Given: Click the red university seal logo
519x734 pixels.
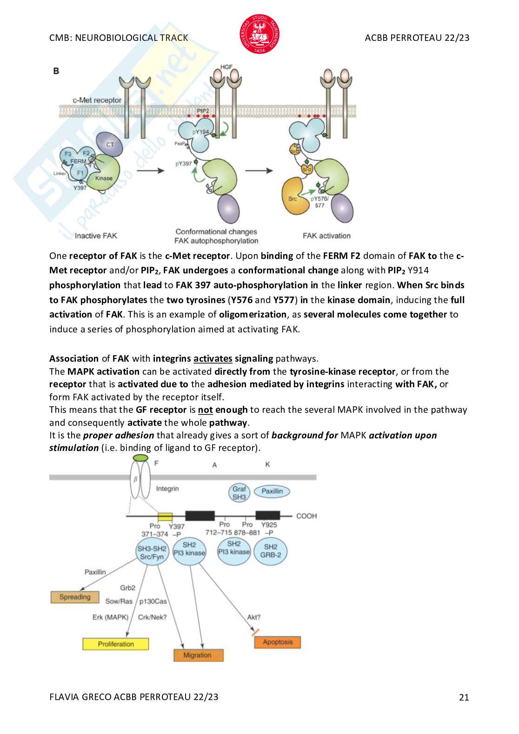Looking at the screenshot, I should [x=259, y=33].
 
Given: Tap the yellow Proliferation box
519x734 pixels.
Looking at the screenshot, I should [x=115, y=644].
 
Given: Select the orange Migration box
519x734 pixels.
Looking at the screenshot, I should [x=198, y=655].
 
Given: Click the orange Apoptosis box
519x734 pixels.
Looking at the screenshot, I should [x=278, y=642].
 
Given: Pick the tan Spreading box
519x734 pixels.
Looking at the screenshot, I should [x=75, y=597].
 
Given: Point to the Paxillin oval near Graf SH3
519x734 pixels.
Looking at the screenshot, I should [x=272, y=491].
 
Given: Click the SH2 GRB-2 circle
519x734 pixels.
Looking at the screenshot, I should [x=270, y=551].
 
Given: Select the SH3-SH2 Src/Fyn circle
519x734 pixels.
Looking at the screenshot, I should [x=152, y=552].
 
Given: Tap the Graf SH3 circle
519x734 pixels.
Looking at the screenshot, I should [x=239, y=493].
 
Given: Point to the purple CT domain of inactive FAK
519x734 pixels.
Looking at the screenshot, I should [x=110, y=145].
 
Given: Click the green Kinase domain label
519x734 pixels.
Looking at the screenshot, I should [x=104, y=178].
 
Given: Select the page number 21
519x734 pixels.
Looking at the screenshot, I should [x=464, y=697].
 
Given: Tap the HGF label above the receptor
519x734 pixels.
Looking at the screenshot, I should [x=226, y=67].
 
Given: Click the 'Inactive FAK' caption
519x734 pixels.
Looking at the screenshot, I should [x=96, y=236].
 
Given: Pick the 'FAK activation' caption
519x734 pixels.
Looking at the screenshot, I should [x=326, y=236].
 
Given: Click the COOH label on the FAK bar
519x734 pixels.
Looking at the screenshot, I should [x=306, y=516].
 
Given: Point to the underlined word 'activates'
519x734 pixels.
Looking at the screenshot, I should [x=213, y=358].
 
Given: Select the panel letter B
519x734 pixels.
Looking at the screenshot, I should [x=56, y=71].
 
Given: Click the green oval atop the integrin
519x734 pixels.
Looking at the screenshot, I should [x=140, y=458].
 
